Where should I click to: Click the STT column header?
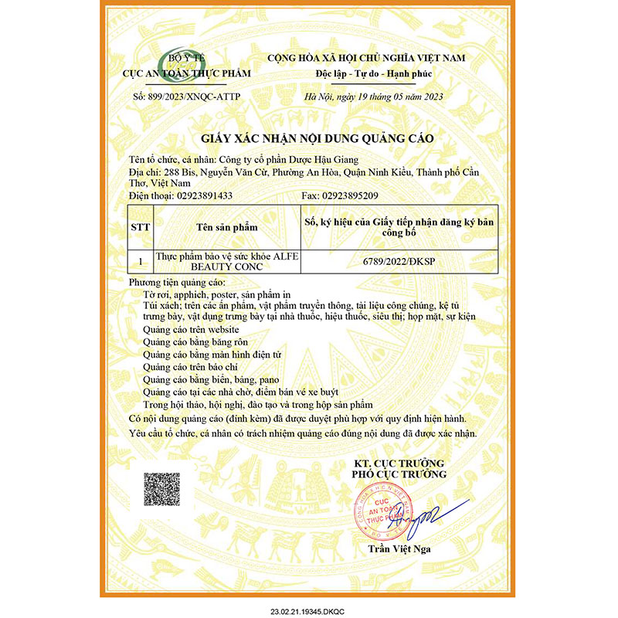(x=141, y=228)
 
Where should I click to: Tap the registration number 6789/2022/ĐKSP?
(x=399, y=262)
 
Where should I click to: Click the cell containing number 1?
(x=141, y=262)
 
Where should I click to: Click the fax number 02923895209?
(x=365, y=196)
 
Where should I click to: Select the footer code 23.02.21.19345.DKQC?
(x=309, y=609)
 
